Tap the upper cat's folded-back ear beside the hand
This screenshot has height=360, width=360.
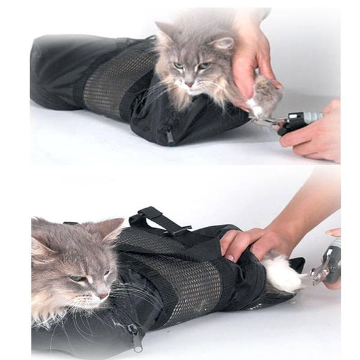(x=223, y=43)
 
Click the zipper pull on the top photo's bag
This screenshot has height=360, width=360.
(x=170, y=137)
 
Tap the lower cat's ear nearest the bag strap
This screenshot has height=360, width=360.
(x=112, y=229)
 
